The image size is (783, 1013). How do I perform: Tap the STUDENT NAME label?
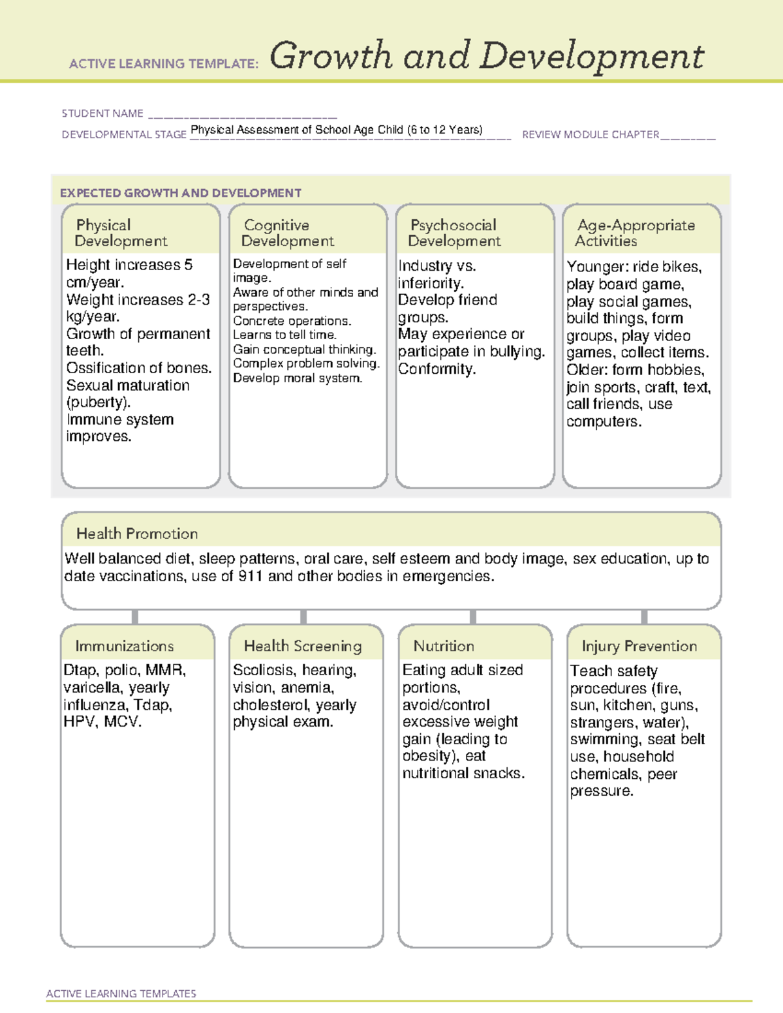pos(102,113)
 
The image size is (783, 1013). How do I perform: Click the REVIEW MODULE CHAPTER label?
pos(591,135)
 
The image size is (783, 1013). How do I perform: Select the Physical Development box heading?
pos(121,233)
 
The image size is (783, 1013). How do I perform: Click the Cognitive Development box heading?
pos(287,233)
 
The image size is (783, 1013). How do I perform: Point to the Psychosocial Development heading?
pos(454,233)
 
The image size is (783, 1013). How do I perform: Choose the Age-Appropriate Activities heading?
pos(635,233)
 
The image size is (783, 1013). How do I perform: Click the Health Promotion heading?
pos(137,534)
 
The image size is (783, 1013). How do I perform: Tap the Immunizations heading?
pos(125,646)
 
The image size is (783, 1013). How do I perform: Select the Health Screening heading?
pos(303,646)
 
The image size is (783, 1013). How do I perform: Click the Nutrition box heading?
pos(444,646)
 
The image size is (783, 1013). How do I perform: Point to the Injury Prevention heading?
pos(639,646)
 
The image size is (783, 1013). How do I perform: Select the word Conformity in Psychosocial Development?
pos(437,369)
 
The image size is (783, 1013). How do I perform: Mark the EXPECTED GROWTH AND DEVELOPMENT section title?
pos(181,193)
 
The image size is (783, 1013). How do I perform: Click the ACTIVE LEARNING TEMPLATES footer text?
pos(121,993)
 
